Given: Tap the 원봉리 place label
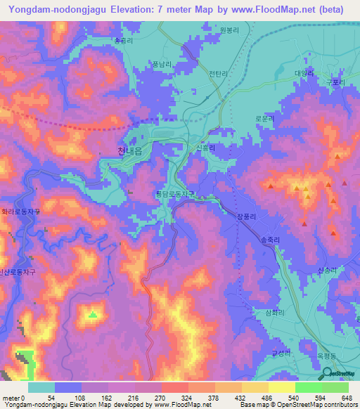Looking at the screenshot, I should coord(230,30).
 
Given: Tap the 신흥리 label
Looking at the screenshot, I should coord(205,148).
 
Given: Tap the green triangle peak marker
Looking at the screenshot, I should coord(92,314).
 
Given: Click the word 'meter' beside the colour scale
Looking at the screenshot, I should coord(11,397).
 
